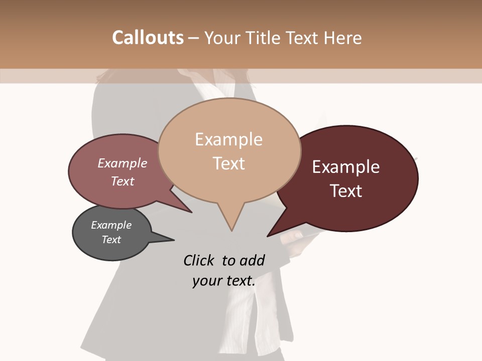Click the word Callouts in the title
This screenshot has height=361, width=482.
pyautogui.click(x=148, y=38)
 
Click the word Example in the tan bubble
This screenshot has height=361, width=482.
pyautogui.click(x=229, y=139)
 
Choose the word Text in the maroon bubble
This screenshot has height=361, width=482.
pyautogui.click(x=346, y=191)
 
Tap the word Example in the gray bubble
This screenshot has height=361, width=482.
pyautogui.click(x=111, y=225)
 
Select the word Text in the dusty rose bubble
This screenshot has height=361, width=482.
pyautogui.click(x=123, y=181)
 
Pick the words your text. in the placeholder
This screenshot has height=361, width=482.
pyautogui.click(x=224, y=281)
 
